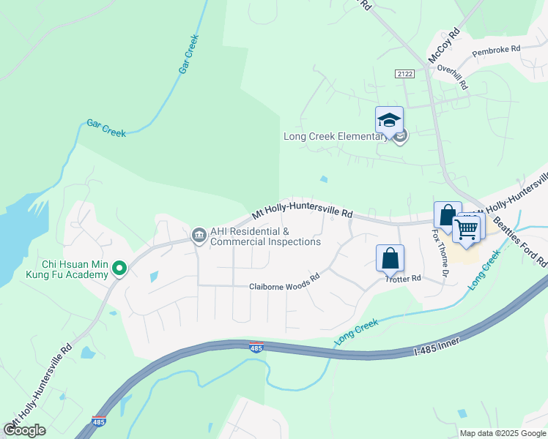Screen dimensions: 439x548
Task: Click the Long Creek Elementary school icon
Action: click(389, 120)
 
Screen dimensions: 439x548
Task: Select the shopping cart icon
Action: click(467, 228)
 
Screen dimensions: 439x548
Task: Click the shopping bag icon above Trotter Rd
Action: click(390, 258)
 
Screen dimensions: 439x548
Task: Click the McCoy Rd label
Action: click(444, 45)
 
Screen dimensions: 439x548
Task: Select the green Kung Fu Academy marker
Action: click(119, 269)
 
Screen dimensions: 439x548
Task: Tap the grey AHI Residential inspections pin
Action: click(198, 234)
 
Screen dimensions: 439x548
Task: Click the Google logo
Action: click(25, 429)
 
